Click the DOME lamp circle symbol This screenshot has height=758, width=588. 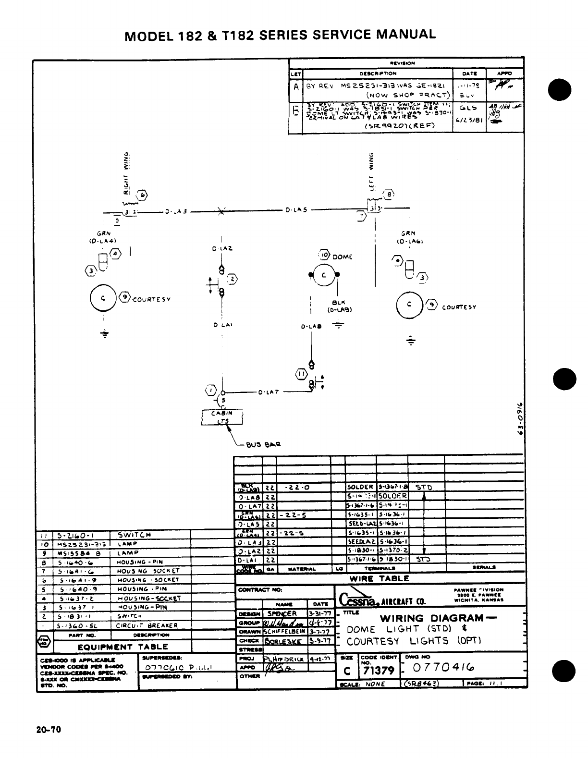324,275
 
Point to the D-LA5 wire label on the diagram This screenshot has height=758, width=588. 296,210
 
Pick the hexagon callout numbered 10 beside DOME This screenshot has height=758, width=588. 324,255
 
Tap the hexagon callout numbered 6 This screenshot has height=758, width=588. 143,195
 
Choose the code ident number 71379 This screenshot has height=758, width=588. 379,671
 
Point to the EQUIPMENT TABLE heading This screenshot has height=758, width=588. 123,647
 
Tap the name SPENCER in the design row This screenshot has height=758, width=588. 282,613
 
